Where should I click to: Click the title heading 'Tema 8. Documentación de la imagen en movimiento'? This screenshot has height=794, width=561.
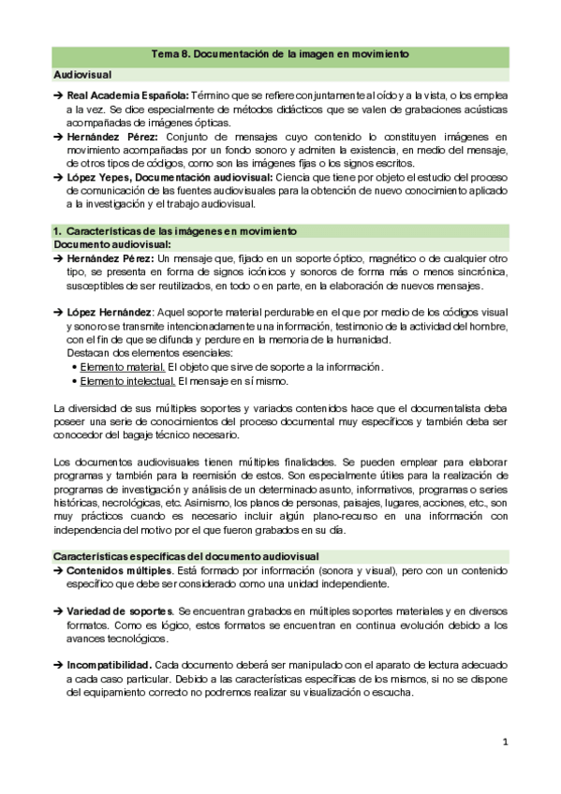[280, 55]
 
